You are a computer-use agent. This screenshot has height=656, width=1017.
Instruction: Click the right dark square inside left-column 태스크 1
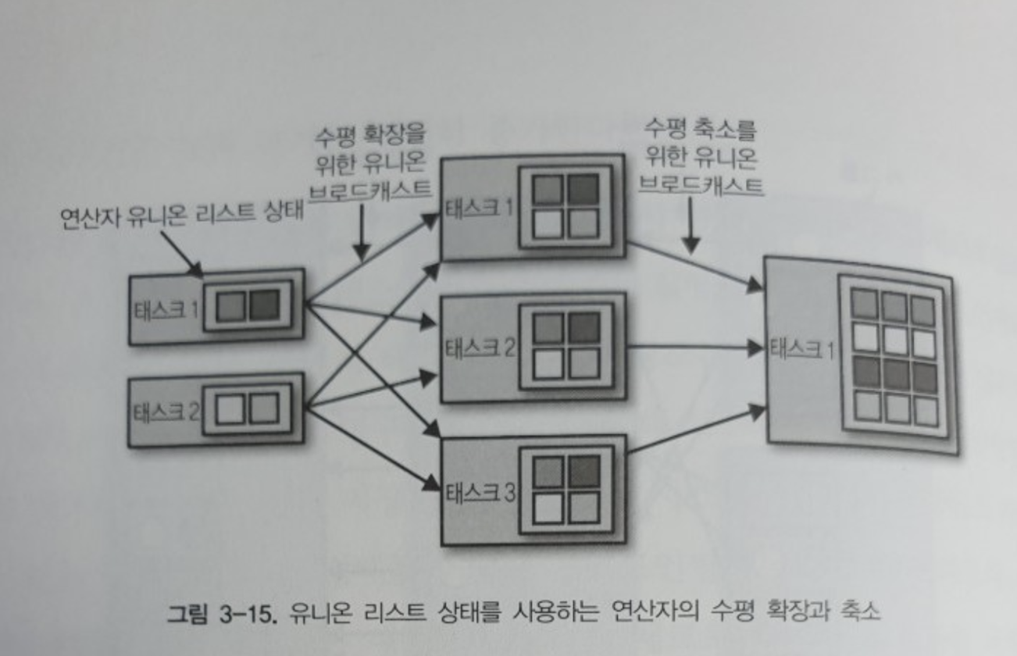tap(264, 305)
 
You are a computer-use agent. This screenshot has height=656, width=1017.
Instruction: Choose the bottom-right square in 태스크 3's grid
tap(583, 507)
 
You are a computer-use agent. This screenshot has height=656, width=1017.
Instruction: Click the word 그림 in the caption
tap(185, 611)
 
